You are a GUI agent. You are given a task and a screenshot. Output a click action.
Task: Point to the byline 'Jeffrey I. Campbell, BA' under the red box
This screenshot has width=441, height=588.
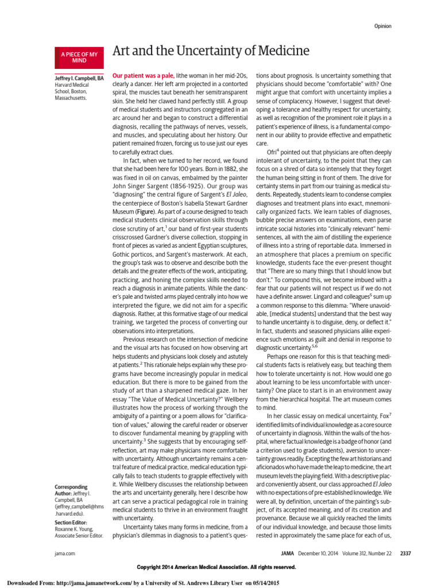(79, 77)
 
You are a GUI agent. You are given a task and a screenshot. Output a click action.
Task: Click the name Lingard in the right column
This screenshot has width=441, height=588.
(321, 297)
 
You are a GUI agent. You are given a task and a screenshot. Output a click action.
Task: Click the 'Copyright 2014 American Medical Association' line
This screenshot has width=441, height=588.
(216, 567)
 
